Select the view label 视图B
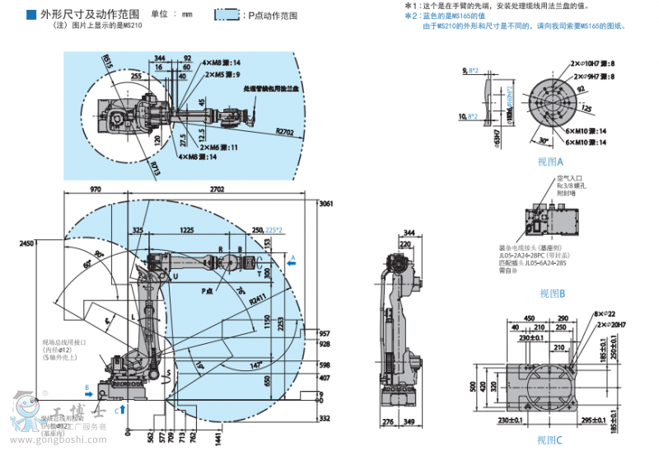point(551,293)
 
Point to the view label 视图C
point(549,440)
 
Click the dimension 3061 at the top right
point(325,203)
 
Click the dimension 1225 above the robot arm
point(186,230)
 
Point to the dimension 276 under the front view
point(389,423)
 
